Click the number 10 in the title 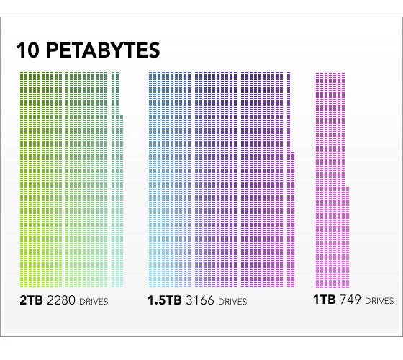(28, 50)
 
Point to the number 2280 (61, 300)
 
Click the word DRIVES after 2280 (94, 301)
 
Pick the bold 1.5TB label (164, 300)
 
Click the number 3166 (199, 300)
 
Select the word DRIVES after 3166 (232, 301)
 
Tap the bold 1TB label (325, 300)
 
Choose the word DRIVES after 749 (379, 301)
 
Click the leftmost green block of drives (41, 180)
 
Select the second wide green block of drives (87, 180)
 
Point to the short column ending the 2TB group (122, 202)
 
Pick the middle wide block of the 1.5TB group (215, 180)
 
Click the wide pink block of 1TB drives (330, 180)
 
